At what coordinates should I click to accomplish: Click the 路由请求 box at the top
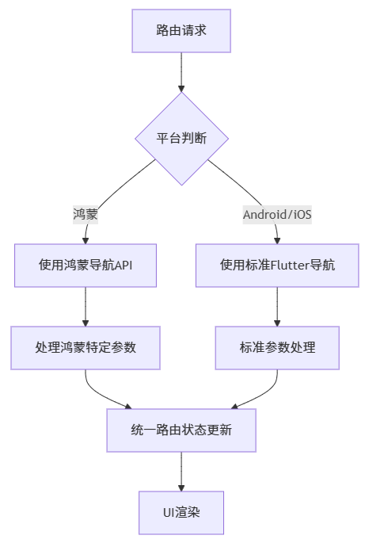tap(181, 31)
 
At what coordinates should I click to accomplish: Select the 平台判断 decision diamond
tap(181, 139)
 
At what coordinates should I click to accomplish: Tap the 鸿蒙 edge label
tap(86, 214)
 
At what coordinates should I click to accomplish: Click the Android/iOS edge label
tap(277, 214)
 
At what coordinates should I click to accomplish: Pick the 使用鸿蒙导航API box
tap(86, 265)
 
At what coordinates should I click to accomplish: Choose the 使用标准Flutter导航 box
tap(277, 265)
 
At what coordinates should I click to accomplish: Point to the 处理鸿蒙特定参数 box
tap(86, 347)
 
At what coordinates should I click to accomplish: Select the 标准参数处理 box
tap(277, 347)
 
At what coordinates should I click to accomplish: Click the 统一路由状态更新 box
tap(181, 430)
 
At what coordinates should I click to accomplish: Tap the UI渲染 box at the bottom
tap(181, 512)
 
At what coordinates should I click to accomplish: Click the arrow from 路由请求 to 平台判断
tap(181, 71)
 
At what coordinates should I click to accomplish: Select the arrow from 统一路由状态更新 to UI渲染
tap(181, 471)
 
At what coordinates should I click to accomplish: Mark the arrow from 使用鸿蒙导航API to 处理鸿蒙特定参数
tap(86, 306)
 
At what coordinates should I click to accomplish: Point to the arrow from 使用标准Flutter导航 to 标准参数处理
tap(277, 306)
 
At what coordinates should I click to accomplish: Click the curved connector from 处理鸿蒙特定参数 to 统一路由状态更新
tap(99, 395)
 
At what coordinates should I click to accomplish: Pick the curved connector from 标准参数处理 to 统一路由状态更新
tap(264, 395)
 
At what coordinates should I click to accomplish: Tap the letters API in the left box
tap(124, 265)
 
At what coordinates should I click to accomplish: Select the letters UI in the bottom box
tap(169, 512)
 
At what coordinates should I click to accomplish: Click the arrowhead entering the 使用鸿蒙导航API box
tap(86, 239)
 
